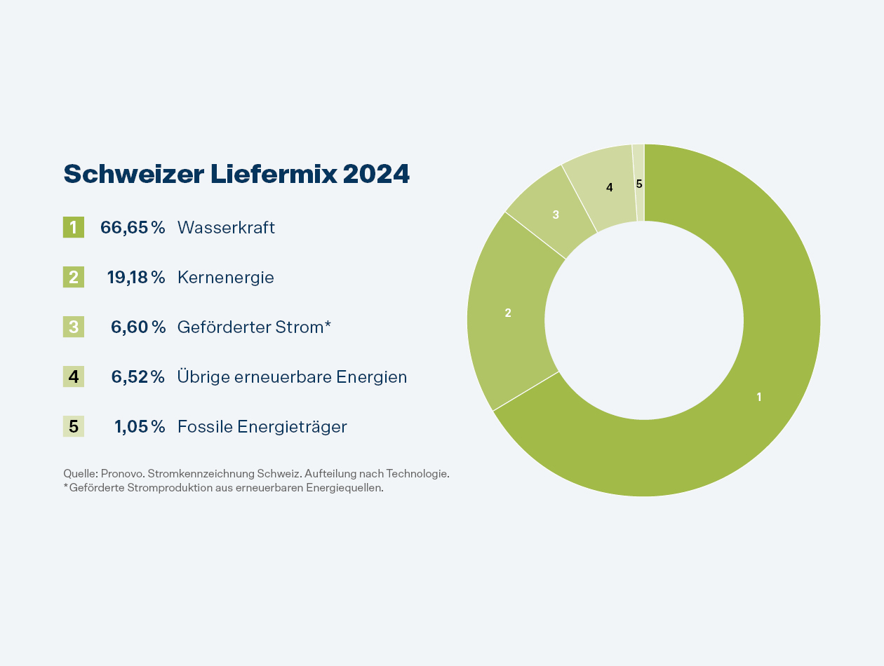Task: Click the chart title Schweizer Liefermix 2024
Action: [236, 175]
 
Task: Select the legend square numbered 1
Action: [74, 227]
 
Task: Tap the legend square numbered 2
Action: [74, 277]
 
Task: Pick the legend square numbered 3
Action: [74, 327]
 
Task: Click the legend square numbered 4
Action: [74, 376]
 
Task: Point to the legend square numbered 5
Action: [74, 426]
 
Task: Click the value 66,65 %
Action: [133, 227]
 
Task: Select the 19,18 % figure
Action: [135, 277]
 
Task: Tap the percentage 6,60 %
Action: [138, 327]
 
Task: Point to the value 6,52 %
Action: [138, 376]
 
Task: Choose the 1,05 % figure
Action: [140, 426]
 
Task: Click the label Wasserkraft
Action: [226, 227]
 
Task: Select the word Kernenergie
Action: [226, 277]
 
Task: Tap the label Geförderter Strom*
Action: [254, 327]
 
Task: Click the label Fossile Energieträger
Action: [262, 426]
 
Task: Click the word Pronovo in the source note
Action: [120, 474]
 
